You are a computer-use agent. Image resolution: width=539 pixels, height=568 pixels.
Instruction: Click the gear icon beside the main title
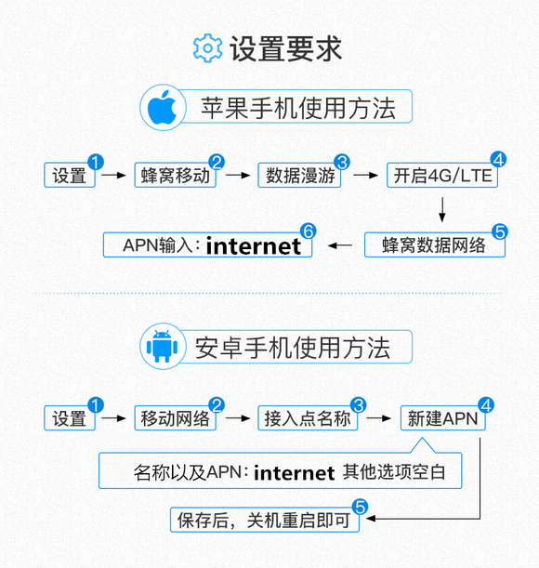coord(207,48)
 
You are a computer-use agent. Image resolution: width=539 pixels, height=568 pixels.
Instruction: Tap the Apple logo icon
coord(162,107)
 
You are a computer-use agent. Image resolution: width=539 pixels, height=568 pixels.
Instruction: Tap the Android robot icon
coord(162,346)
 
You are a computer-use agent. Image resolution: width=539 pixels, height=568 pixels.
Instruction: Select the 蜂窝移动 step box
coord(176,176)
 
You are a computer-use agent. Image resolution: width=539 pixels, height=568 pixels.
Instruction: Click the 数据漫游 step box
coord(299,176)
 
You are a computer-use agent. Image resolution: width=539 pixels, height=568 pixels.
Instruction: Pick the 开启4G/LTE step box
coord(442,176)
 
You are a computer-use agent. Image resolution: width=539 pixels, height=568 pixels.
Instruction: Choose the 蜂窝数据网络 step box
coord(435,244)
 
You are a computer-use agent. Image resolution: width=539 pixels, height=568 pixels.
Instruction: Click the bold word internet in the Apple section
coord(253,246)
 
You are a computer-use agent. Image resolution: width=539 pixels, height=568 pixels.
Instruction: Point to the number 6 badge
coord(309,231)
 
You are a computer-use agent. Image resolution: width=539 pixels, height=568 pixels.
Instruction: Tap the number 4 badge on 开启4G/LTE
coord(498,159)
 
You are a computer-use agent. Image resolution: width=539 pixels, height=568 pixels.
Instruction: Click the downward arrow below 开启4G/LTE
coord(442,209)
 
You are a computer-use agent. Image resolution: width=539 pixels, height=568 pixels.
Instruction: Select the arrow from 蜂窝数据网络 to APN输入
coord(340,245)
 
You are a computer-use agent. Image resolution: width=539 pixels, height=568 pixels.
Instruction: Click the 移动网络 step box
coord(176,418)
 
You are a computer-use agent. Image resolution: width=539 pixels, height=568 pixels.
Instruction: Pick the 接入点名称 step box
coord(308,418)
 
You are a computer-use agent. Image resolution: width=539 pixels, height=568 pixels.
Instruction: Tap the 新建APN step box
coord(442,418)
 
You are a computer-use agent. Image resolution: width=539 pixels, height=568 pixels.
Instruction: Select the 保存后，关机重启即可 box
coord(265,520)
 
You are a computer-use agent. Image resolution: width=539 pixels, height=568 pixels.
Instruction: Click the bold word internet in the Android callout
coord(295,473)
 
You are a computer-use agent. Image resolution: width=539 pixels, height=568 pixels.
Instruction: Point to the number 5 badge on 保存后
coord(360,507)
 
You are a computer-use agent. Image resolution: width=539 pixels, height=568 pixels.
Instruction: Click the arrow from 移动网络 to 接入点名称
coord(238,418)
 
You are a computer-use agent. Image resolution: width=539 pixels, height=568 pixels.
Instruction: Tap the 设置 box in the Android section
coord(70,418)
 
